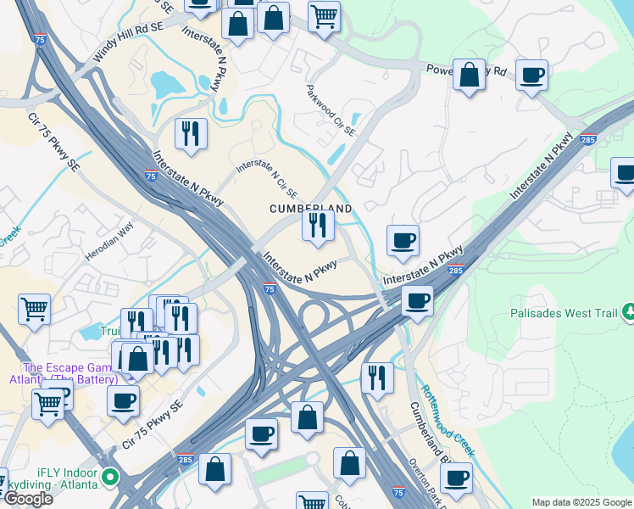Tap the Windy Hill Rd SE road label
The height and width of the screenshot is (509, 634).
pos(128,41)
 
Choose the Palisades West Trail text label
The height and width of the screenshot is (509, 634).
pos(564,313)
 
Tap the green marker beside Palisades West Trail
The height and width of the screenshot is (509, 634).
pos(628,313)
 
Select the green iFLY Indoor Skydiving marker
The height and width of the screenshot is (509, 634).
pos(108,478)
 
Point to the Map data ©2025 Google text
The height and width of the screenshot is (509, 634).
pos(581,502)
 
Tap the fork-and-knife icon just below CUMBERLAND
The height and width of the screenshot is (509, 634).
pos(318,225)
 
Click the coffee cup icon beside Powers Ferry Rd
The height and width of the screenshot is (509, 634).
pos(531,76)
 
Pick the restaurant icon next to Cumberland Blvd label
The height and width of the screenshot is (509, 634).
pos(377,378)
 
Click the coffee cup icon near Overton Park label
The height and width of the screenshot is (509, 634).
pos(456,478)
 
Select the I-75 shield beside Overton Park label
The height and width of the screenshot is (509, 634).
pos(398,492)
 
